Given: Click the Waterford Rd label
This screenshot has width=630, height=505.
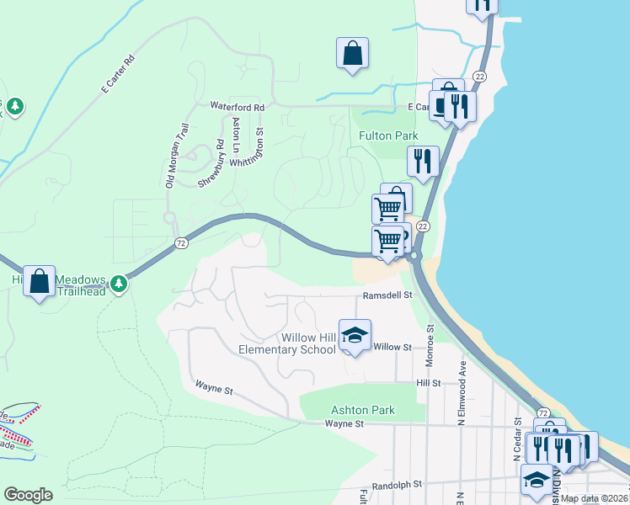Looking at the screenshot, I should (x=237, y=108).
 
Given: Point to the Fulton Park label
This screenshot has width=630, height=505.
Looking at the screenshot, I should (x=388, y=136).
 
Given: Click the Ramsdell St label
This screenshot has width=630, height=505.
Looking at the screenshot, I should (x=387, y=295).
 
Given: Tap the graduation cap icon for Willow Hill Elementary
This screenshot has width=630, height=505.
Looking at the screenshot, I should (x=355, y=337).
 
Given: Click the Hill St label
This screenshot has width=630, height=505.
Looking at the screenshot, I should (x=429, y=383).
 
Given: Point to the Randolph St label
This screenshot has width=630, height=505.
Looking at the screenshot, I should (x=396, y=485).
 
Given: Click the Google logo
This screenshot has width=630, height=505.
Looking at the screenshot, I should (x=28, y=495).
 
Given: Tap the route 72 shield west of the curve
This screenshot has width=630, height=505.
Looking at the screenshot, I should (x=180, y=243).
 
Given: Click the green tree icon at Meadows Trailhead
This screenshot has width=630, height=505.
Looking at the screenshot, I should (x=120, y=284).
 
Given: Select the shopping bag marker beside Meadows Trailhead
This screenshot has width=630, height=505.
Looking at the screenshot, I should (x=40, y=281).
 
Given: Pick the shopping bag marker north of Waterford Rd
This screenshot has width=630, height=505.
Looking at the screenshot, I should (x=352, y=53).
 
